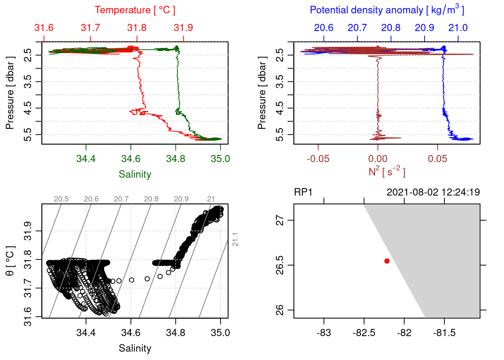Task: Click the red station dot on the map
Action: (x=387, y=261)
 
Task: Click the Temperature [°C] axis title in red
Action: (x=135, y=10)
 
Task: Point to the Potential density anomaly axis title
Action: (x=387, y=10)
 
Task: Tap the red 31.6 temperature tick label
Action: (x=44, y=28)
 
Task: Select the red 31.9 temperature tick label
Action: (x=183, y=28)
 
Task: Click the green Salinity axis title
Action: (x=135, y=174)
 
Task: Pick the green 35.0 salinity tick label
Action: (x=220, y=159)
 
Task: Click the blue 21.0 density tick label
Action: (x=458, y=28)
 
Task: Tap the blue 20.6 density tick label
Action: (x=324, y=28)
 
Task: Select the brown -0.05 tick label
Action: (x=318, y=159)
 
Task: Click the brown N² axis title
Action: (x=387, y=172)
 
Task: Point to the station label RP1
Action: (x=303, y=192)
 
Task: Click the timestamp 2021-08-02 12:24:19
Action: (x=433, y=192)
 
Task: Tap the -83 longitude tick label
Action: (x=324, y=333)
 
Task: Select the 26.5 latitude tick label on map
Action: (x=280, y=265)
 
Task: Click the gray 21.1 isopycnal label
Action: (x=235, y=239)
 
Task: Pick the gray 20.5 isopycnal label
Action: (x=61, y=199)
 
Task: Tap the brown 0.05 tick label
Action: (x=437, y=159)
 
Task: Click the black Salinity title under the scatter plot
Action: (x=135, y=348)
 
